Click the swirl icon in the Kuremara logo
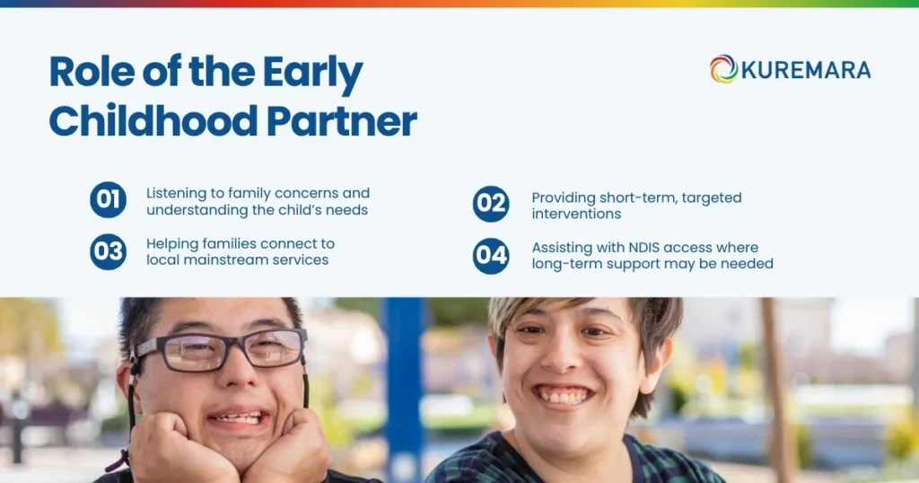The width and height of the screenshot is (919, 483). (x=723, y=69)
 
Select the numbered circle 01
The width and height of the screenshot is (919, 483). (x=108, y=200)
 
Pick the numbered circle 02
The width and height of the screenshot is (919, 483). (x=491, y=204)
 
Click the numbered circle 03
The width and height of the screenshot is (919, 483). (x=108, y=252)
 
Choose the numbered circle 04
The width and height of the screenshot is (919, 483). (x=491, y=256)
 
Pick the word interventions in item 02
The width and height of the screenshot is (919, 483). (x=576, y=215)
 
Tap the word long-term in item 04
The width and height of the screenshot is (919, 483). (x=568, y=264)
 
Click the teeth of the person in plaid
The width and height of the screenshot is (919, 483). (x=563, y=395)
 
